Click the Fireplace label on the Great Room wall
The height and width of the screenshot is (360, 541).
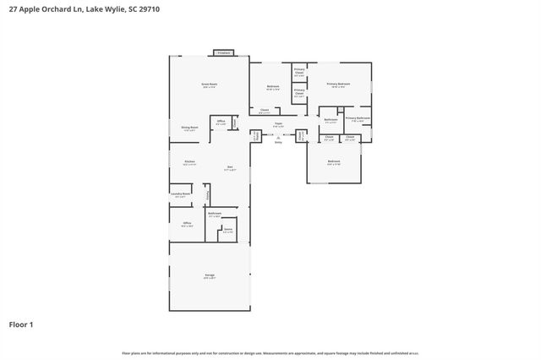[223, 52]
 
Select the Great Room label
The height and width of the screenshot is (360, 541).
[210, 85]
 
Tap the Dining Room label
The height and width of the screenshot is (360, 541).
[189, 128]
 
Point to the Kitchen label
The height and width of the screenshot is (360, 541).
[189, 161]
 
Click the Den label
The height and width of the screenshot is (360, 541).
[230, 167]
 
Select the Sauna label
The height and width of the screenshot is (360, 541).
[227, 229]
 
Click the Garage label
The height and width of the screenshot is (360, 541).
[209, 275]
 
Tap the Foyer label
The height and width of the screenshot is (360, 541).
[277, 124]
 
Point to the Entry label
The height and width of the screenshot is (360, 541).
[278, 143]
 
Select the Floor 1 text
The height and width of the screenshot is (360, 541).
[21, 324]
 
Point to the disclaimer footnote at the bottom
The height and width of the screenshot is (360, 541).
[270, 352]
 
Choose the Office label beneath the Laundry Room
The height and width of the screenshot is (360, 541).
[188, 223]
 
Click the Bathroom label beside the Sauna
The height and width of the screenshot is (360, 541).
[215, 213]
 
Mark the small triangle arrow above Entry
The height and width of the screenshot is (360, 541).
[278, 138]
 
